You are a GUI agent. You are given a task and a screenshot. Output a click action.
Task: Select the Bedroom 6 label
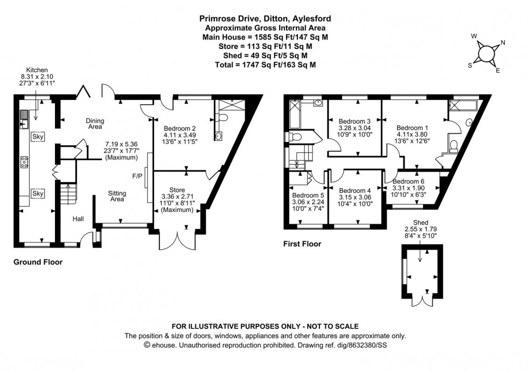coord(408,181)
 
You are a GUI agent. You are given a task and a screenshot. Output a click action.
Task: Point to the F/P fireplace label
coord(137,175)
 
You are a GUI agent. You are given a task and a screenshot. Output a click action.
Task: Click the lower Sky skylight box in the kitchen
coord(38,193)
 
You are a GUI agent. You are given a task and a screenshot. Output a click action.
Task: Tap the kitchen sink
coord(24,119)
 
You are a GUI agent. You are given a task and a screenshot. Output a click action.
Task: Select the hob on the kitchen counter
coord(24,161)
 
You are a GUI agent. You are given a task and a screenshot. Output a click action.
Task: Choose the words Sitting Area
coord(117,196)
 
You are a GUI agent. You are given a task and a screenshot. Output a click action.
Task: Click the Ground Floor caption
coord(38,262)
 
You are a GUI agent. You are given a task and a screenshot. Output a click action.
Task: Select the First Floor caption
coord(302,244)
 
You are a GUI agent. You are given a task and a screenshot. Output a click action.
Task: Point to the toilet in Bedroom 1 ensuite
coord(454,144)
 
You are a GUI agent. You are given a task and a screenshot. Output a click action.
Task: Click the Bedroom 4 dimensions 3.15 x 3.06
coord(355,197)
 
